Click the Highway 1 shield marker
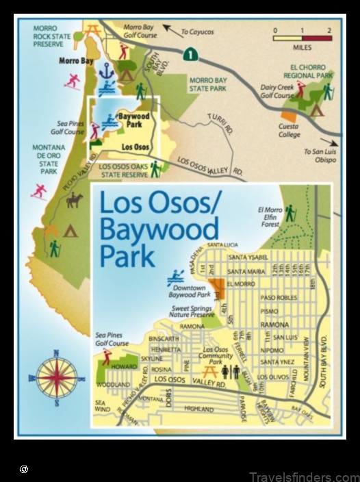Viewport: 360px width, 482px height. tap(188, 52)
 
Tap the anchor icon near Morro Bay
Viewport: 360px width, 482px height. tap(106, 71)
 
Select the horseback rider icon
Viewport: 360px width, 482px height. tap(74, 200)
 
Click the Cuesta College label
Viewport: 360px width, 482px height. tap(289, 131)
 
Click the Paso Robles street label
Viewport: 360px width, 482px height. tap(277, 297)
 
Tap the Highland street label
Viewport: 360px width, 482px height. tap(199, 409)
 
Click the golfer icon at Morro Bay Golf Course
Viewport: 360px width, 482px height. tap(123, 51)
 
